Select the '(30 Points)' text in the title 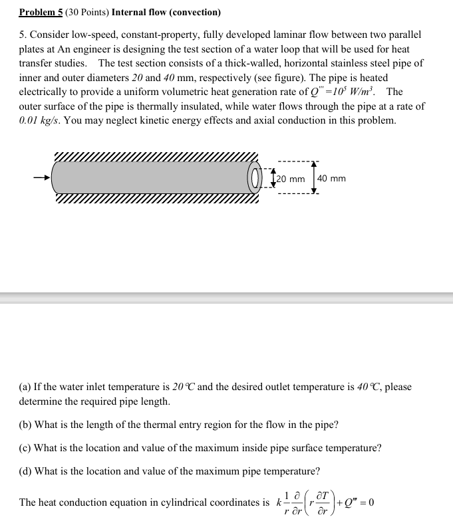pyautogui.click(x=87, y=12)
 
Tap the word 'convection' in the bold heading pyautogui.click(x=196, y=12)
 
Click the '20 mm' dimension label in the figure pyautogui.click(x=291, y=179)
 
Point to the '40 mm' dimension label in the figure pyautogui.click(x=331, y=178)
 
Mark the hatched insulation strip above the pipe pyautogui.click(x=156, y=157)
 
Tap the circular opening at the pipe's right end pyautogui.click(x=255, y=178)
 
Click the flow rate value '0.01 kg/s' pyautogui.click(x=40, y=120)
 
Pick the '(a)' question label pyautogui.click(x=25, y=387)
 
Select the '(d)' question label pyautogui.click(x=25, y=471)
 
